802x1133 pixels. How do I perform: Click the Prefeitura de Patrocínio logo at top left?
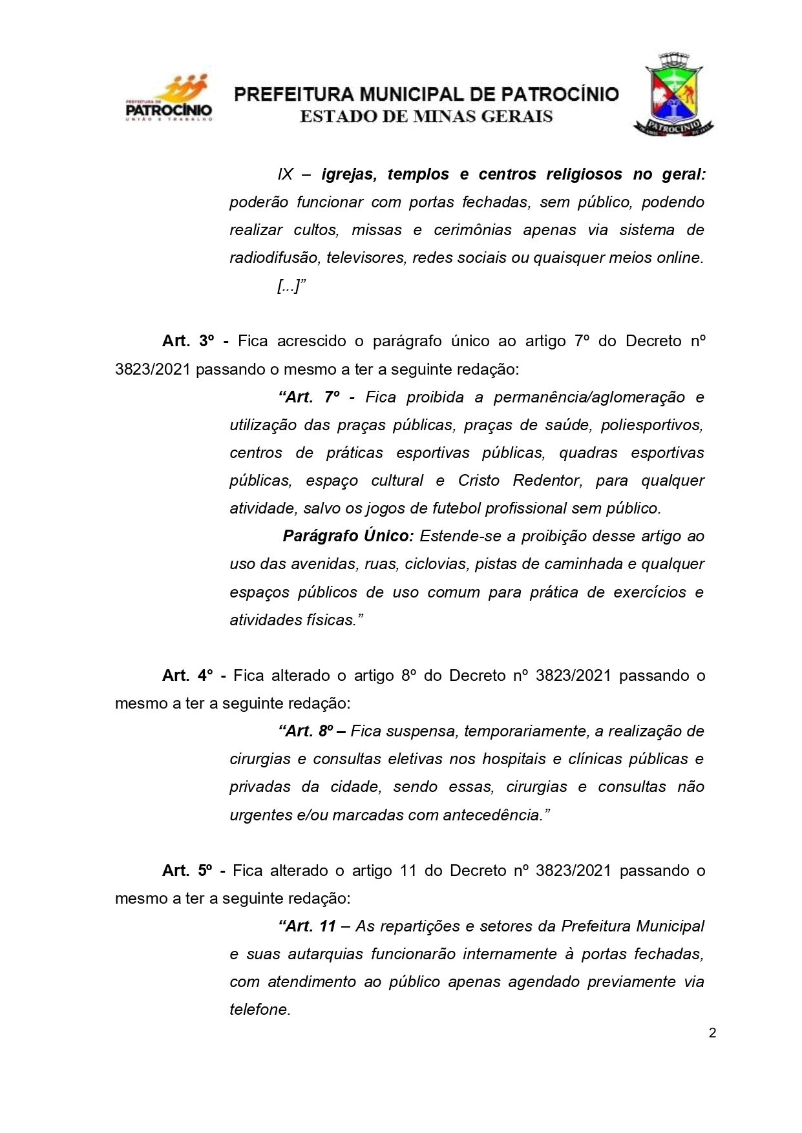click(169, 99)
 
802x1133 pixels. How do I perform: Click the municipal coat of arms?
click(674, 94)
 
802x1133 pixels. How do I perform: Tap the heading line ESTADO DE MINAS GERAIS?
click(427, 117)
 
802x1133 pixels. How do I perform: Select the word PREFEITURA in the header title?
click(293, 95)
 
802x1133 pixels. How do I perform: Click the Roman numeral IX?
click(285, 174)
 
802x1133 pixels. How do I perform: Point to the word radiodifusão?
click(274, 258)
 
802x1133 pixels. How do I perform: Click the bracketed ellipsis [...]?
click(288, 286)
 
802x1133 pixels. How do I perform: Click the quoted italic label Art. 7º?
click(309, 397)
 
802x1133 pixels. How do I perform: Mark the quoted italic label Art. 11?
click(308, 926)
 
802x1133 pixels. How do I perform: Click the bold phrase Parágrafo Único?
click(348, 536)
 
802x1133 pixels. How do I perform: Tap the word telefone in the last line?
click(259, 1010)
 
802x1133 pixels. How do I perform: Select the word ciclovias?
click(436, 564)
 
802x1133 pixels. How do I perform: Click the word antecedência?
click(491, 815)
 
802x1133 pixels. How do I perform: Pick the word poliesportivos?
click(651, 425)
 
